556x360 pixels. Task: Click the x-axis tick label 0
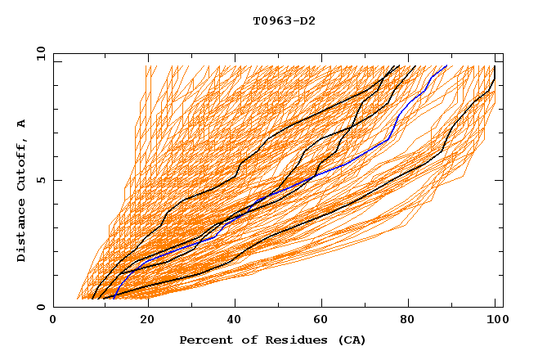point(54,321)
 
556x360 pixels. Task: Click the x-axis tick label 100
point(495,321)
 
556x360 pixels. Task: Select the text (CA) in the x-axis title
point(350,340)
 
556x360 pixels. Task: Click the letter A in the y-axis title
point(22,124)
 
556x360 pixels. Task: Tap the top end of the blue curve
point(446,66)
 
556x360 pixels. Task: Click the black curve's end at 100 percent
point(495,66)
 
